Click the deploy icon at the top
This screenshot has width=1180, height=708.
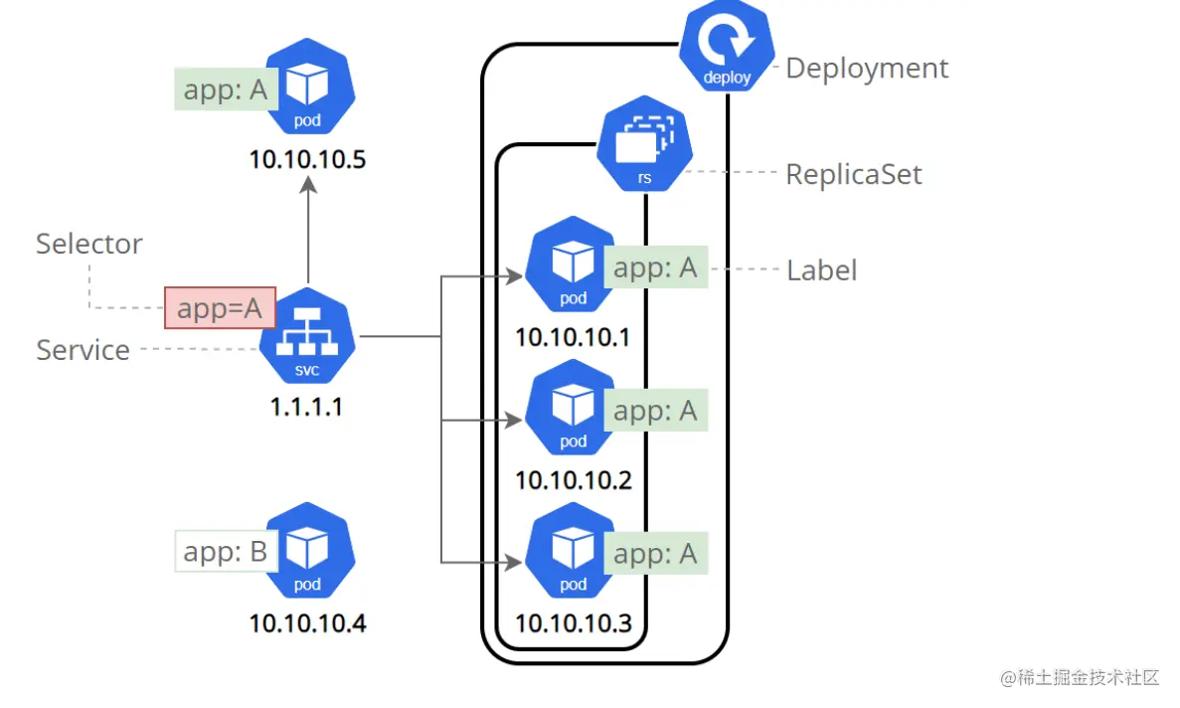(x=727, y=47)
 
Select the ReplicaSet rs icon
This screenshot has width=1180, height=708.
(x=644, y=143)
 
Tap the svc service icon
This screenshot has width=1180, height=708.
(x=307, y=335)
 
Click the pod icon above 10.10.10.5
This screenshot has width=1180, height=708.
(x=307, y=86)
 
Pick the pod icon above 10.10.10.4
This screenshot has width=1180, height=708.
(x=307, y=550)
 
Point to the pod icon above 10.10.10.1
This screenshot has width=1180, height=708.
(x=573, y=265)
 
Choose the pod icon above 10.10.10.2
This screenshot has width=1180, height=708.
(x=573, y=407)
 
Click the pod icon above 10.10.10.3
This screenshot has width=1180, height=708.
(x=573, y=550)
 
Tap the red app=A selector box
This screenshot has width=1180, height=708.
(x=221, y=307)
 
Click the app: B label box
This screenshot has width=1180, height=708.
(x=227, y=552)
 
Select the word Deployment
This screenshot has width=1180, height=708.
(x=867, y=69)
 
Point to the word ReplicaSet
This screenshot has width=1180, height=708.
(x=853, y=175)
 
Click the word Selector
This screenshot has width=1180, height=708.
(x=88, y=244)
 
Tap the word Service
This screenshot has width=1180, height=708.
(x=83, y=350)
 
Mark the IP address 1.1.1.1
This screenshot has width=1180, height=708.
(x=306, y=407)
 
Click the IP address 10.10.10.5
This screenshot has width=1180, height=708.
(x=307, y=159)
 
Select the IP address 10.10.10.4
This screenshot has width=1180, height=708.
(x=307, y=622)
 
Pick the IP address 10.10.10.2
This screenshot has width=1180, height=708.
(x=574, y=480)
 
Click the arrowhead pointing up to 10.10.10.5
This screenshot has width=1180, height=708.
(x=308, y=185)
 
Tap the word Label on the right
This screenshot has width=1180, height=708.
(x=822, y=270)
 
